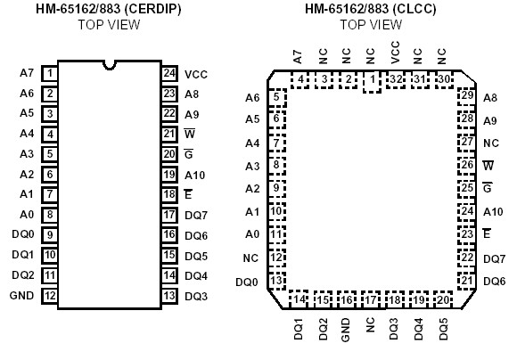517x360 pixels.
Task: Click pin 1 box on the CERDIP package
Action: point(51,74)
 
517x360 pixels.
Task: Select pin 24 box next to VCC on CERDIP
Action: point(168,74)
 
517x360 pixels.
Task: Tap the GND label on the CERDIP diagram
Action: point(21,296)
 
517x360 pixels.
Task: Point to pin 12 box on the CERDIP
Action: point(51,296)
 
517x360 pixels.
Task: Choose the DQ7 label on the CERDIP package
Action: point(196,215)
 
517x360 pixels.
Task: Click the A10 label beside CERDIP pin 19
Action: point(195,175)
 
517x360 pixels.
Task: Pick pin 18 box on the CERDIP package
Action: point(168,194)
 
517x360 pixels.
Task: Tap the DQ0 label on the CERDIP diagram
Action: point(23,234)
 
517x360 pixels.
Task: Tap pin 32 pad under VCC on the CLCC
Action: point(396,80)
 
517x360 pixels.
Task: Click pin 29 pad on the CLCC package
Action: point(467,96)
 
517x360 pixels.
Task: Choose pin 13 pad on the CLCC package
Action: point(278,281)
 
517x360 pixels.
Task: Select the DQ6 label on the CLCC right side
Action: point(494,281)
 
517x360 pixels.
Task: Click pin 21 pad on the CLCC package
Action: point(467,281)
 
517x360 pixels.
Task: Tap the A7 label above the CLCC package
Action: point(298,57)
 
